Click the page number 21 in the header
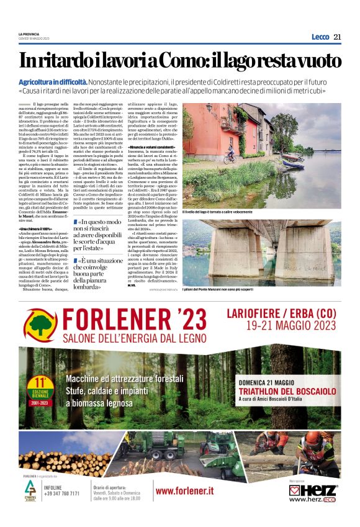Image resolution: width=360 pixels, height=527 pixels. (337, 37)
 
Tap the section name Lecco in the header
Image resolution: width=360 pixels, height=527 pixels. (320, 37)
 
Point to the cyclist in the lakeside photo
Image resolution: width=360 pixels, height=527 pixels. (227, 152)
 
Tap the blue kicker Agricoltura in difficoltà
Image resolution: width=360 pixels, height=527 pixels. (52, 82)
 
